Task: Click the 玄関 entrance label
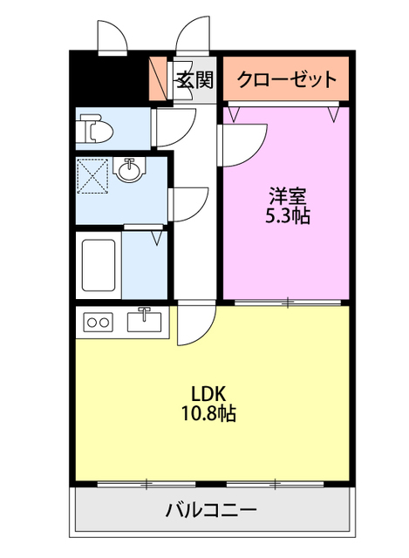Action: [x=194, y=80]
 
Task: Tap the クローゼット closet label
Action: [x=287, y=80]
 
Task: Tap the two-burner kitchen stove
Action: [x=97, y=323]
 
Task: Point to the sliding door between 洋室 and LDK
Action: [x=288, y=303]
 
